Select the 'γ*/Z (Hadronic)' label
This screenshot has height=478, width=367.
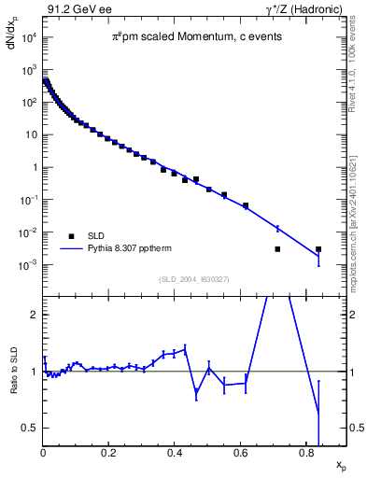304,9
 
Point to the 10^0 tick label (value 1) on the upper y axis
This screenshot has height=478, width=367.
27,167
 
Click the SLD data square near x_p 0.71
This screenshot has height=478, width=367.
277,249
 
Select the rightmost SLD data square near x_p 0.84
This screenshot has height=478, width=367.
318,249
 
